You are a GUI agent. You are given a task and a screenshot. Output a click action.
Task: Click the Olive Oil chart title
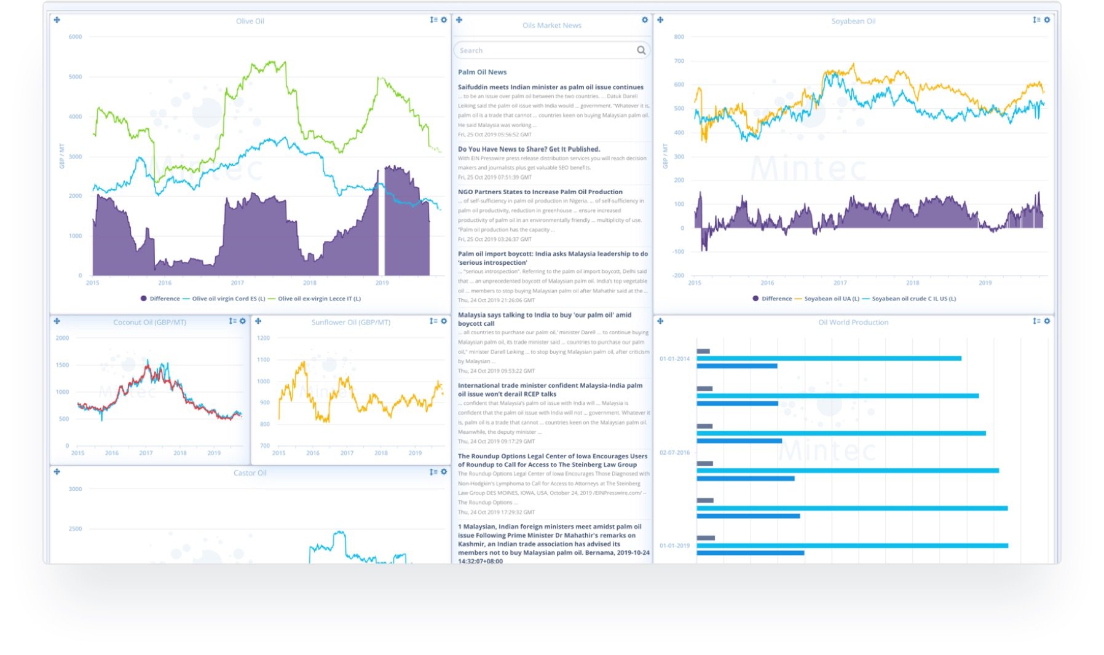click(250, 21)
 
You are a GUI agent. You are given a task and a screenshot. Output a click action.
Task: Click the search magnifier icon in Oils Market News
click(641, 50)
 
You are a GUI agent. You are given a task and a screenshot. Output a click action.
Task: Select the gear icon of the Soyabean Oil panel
click(1047, 20)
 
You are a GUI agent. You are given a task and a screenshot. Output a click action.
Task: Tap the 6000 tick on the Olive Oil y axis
click(75, 37)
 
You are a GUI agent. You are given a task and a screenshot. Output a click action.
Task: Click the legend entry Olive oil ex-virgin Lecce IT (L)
click(318, 299)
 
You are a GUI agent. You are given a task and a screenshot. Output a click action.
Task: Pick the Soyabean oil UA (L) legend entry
click(831, 299)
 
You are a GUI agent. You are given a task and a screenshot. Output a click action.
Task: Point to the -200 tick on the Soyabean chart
click(677, 275)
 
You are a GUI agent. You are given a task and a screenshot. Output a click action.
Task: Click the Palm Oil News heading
click(482, 72)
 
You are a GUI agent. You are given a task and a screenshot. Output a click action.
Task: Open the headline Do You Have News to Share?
click(529, 149)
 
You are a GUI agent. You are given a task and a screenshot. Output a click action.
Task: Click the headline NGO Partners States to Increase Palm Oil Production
click(540, 192)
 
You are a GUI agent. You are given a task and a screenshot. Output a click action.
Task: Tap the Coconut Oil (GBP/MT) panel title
click(149, 322)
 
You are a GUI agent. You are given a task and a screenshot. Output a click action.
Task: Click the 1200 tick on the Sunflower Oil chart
click(263, 338)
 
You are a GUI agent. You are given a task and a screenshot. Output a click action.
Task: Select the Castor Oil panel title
click(250, 473)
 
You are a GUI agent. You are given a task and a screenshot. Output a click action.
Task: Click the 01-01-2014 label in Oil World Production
click(674, 359)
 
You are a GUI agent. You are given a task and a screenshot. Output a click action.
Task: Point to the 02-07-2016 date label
click(674, 452)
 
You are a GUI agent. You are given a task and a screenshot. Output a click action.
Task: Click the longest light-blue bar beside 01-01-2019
click(851, 546)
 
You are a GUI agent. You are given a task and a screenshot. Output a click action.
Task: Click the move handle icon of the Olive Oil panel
click(57, 20)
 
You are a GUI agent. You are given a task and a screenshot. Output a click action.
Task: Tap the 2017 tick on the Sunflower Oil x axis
click(347, 453)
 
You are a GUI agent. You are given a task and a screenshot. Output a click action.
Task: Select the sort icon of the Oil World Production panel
click(1036, 321)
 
